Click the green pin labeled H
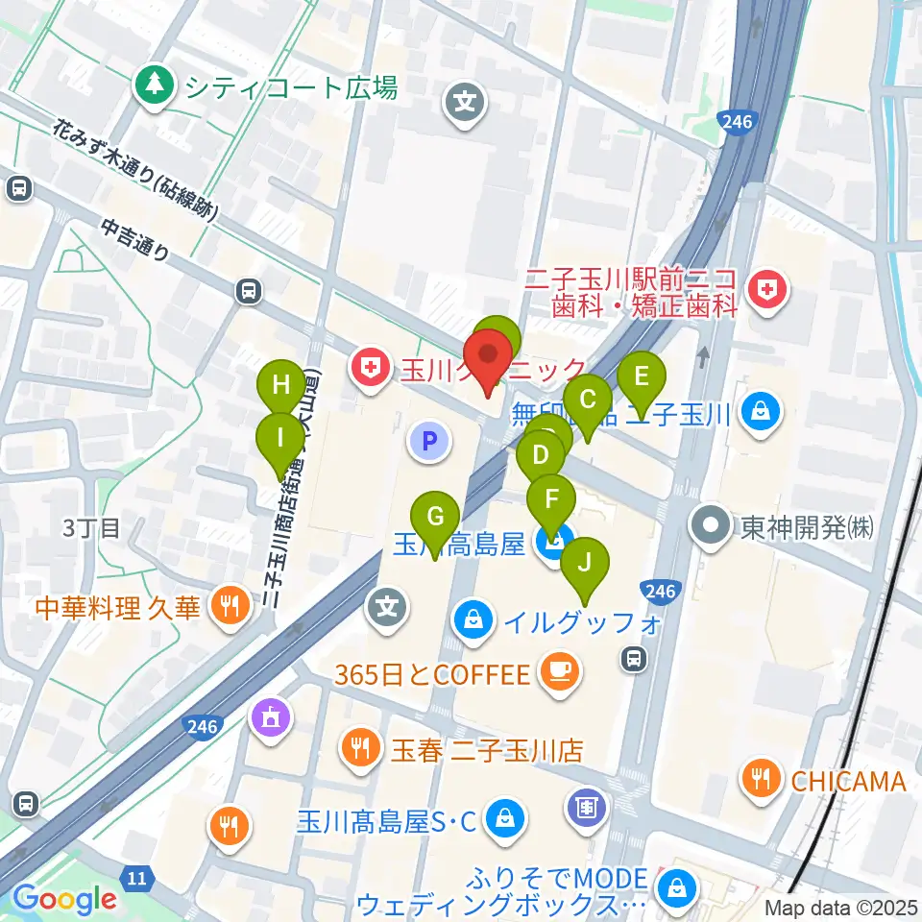point(281,385)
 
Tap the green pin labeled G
point(435,518)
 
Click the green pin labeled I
point(280,439)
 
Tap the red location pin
point(490,357)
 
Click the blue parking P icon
point(430,441)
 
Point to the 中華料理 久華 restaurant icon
point(228,607)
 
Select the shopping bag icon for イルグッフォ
point(474,620)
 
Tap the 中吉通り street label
point(134,238)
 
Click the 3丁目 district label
point(92,526)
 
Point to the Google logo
point(64,900)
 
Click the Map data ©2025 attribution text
point(839,907)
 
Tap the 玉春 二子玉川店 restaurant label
point(486,748)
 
